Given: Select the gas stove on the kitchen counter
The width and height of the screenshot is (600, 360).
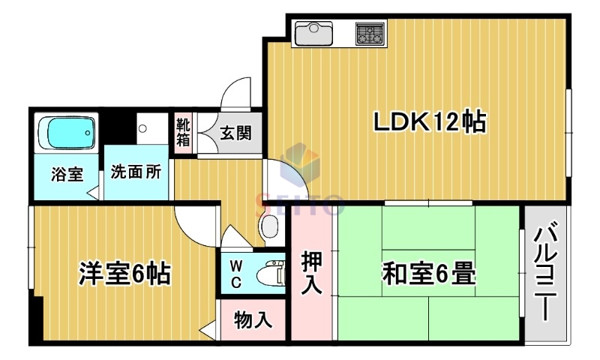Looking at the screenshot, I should click(x=369, y=33).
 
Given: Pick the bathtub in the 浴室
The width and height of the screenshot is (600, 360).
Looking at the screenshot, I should click(x=67, y=133).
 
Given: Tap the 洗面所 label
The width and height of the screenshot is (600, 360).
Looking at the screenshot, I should click(x=136, y=172).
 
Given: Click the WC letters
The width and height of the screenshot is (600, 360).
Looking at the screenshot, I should click(x=235, y=274).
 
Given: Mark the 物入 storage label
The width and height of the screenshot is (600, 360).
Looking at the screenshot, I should click(x=252, y=321).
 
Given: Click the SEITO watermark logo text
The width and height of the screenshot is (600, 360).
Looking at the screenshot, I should click(x=300, y=201).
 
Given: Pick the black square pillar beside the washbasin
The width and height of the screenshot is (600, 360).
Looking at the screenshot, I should click(x=118, y=124).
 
